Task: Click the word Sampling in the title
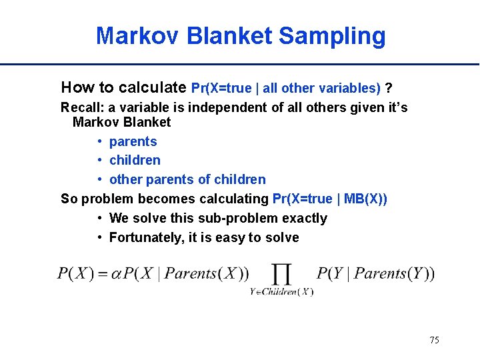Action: pyautogui.click(x=332, y=36)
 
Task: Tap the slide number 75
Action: pyautogui.click(x=434, y=340)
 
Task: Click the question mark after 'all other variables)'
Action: pyautogui.click(x=389, y=88)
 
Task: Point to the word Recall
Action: pyautogui.click(x=81, y=107)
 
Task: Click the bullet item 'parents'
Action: pyautogui.click(x=133, y=141)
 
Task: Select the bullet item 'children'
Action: pyautogui.click(x=135, y=160)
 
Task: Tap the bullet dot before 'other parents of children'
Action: pyautogui.click(x=99, y=179)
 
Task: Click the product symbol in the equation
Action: pyautogui.click(x=281, y=273)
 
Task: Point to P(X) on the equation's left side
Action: pyautogui.click(x=75, y=273)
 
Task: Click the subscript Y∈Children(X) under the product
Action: pyautogui.click(x=281, y=291)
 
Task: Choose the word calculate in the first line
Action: pyautogui.click(x=158, y=87)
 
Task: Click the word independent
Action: pyautogui.click(x=218, y=107)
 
